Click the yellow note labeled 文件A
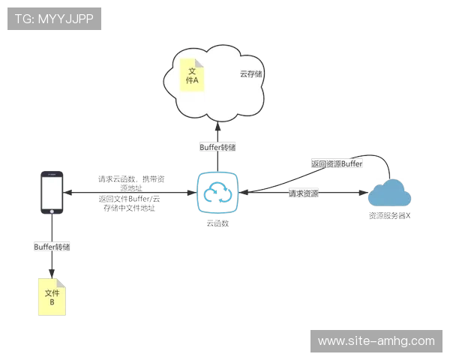191,76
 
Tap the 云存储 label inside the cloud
250,73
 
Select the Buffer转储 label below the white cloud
217,148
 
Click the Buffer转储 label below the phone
52,246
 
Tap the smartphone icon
50,193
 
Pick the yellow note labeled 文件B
52,297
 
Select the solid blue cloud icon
389,194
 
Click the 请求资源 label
303,193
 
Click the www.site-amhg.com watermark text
376,341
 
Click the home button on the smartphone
50,213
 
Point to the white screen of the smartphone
50,192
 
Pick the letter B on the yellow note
52,302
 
